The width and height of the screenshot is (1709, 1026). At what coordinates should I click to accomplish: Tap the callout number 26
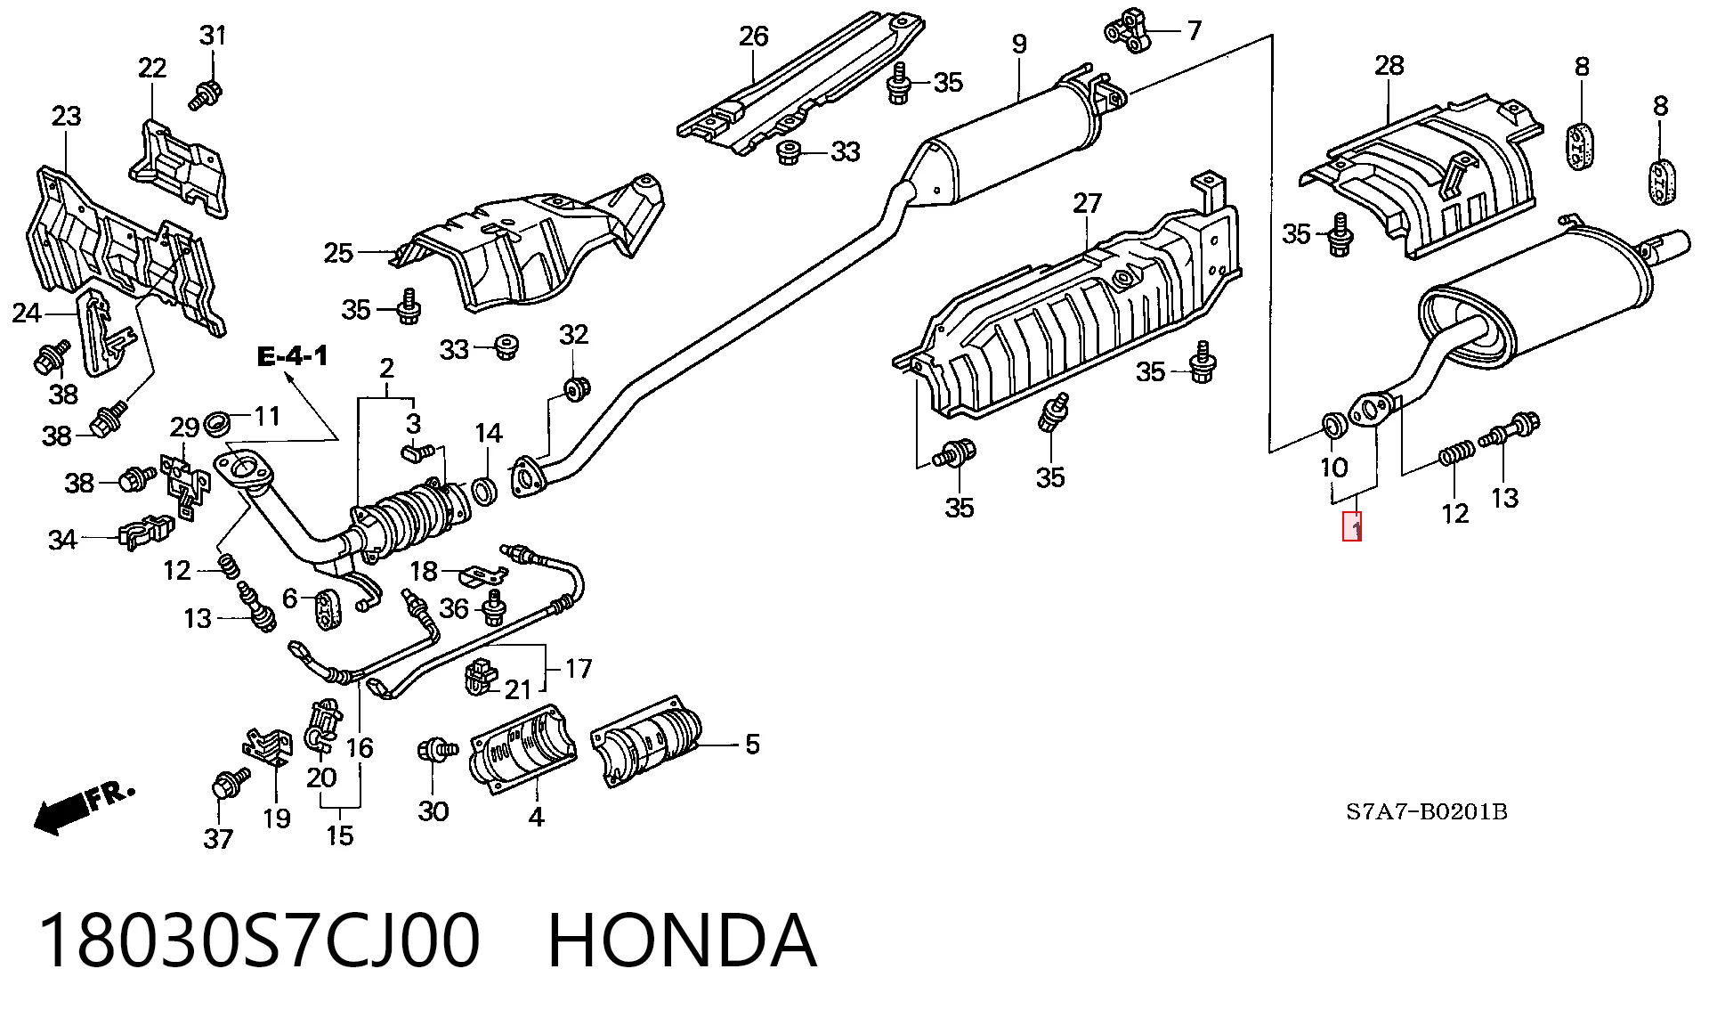click(753, 37)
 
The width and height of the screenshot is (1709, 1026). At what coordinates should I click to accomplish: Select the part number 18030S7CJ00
click(259, 940)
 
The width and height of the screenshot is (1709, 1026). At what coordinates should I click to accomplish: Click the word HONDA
click(682, 940)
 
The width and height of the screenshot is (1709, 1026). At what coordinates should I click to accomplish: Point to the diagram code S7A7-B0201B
click(1426, 812)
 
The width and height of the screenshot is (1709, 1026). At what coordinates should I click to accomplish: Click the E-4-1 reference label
click(293, 358)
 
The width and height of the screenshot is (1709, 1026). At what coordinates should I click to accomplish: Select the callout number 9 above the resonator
click(1019, 43)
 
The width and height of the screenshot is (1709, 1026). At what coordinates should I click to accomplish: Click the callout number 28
click(1389, 65)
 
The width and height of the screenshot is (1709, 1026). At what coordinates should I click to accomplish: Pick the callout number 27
click(1087, 204)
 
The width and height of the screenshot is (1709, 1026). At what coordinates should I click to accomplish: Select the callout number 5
click(752, 744)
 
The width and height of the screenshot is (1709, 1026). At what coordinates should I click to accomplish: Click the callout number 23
click(66, 117)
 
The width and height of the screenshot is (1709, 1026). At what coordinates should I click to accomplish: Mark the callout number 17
click(578, 668)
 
